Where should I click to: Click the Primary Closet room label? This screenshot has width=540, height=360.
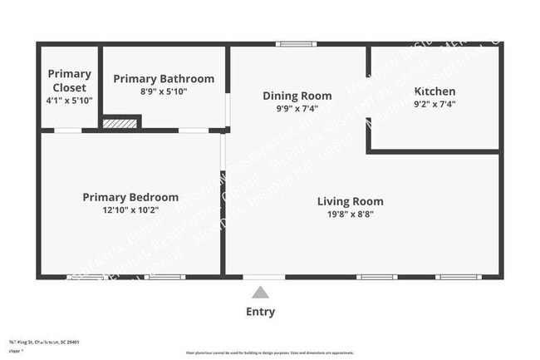point(70,81)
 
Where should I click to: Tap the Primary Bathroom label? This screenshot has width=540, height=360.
point(164,79)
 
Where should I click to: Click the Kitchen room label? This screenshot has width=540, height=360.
point(434,91)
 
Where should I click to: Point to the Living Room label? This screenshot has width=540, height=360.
point(351,201)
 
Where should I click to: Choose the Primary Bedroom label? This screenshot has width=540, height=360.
point(130,197)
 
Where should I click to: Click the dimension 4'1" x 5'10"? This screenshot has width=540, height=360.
point(70,100)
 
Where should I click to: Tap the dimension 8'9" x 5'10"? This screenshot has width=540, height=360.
point(164,91)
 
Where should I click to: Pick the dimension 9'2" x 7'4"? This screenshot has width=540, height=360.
point(434,104)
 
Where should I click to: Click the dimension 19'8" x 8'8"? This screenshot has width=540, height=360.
point(351,215)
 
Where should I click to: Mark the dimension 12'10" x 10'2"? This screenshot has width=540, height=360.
point(130,210)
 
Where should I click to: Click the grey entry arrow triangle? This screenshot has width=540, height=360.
point(260,292)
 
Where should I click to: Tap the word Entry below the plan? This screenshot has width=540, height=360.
point(260,312)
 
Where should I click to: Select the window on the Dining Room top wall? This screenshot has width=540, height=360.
point(297,43)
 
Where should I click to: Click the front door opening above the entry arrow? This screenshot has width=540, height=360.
point(264,276)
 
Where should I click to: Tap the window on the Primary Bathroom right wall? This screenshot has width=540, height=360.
point(228,109)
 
